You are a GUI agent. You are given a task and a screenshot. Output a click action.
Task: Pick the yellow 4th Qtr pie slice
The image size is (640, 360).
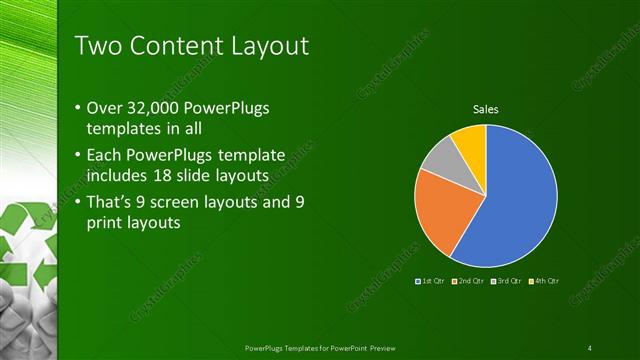pyautogui.click(x=471, y=141)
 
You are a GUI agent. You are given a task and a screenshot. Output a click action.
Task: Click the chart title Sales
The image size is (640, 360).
pyautogui.click(x=485, y=109)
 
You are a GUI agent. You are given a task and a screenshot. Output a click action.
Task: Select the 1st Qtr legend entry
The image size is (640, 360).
pyautogui.click(x=431, y=281)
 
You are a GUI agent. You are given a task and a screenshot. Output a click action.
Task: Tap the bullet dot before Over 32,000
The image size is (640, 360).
pyautogui.click(x=80, y=107)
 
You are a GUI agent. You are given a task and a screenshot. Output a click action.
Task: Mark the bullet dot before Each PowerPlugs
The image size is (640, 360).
pyautogui.click(x=80, y=156)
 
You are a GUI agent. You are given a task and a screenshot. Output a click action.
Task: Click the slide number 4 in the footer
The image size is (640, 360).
pyautogui.click(x=590, y=347)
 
